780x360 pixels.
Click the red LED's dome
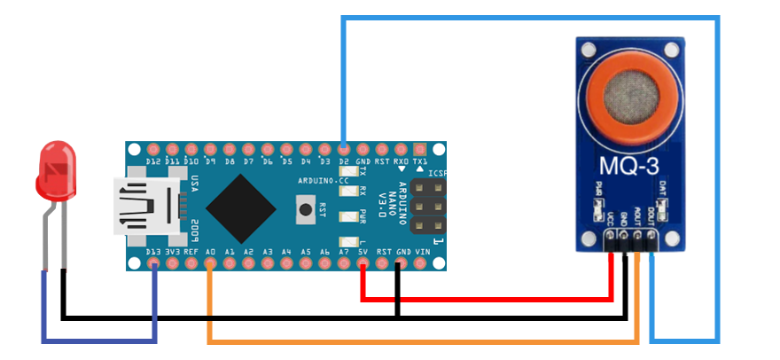point(57,172)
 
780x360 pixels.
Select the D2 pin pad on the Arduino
point(344,149)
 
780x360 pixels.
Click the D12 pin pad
point(153,149)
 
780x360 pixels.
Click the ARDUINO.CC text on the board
point(325,180)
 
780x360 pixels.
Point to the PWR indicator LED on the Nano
point(347,214)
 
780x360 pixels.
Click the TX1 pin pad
point(422,149)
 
